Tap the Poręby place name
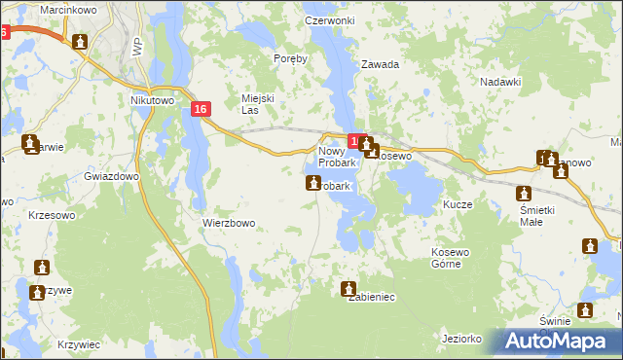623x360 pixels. (x=290, y=58)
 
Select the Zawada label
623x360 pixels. (x=381, y=64)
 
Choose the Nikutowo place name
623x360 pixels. (x=151, y=99)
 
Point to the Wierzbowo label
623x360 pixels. (x=229, y=223)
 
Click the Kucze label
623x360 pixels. (x=458, y=205)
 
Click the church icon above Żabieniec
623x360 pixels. (x=349, y=288)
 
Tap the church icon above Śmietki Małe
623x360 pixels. (x=525, y=194)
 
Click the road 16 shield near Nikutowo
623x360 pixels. (x=201, y=110)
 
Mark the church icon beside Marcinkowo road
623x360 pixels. (x=80, y=42)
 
